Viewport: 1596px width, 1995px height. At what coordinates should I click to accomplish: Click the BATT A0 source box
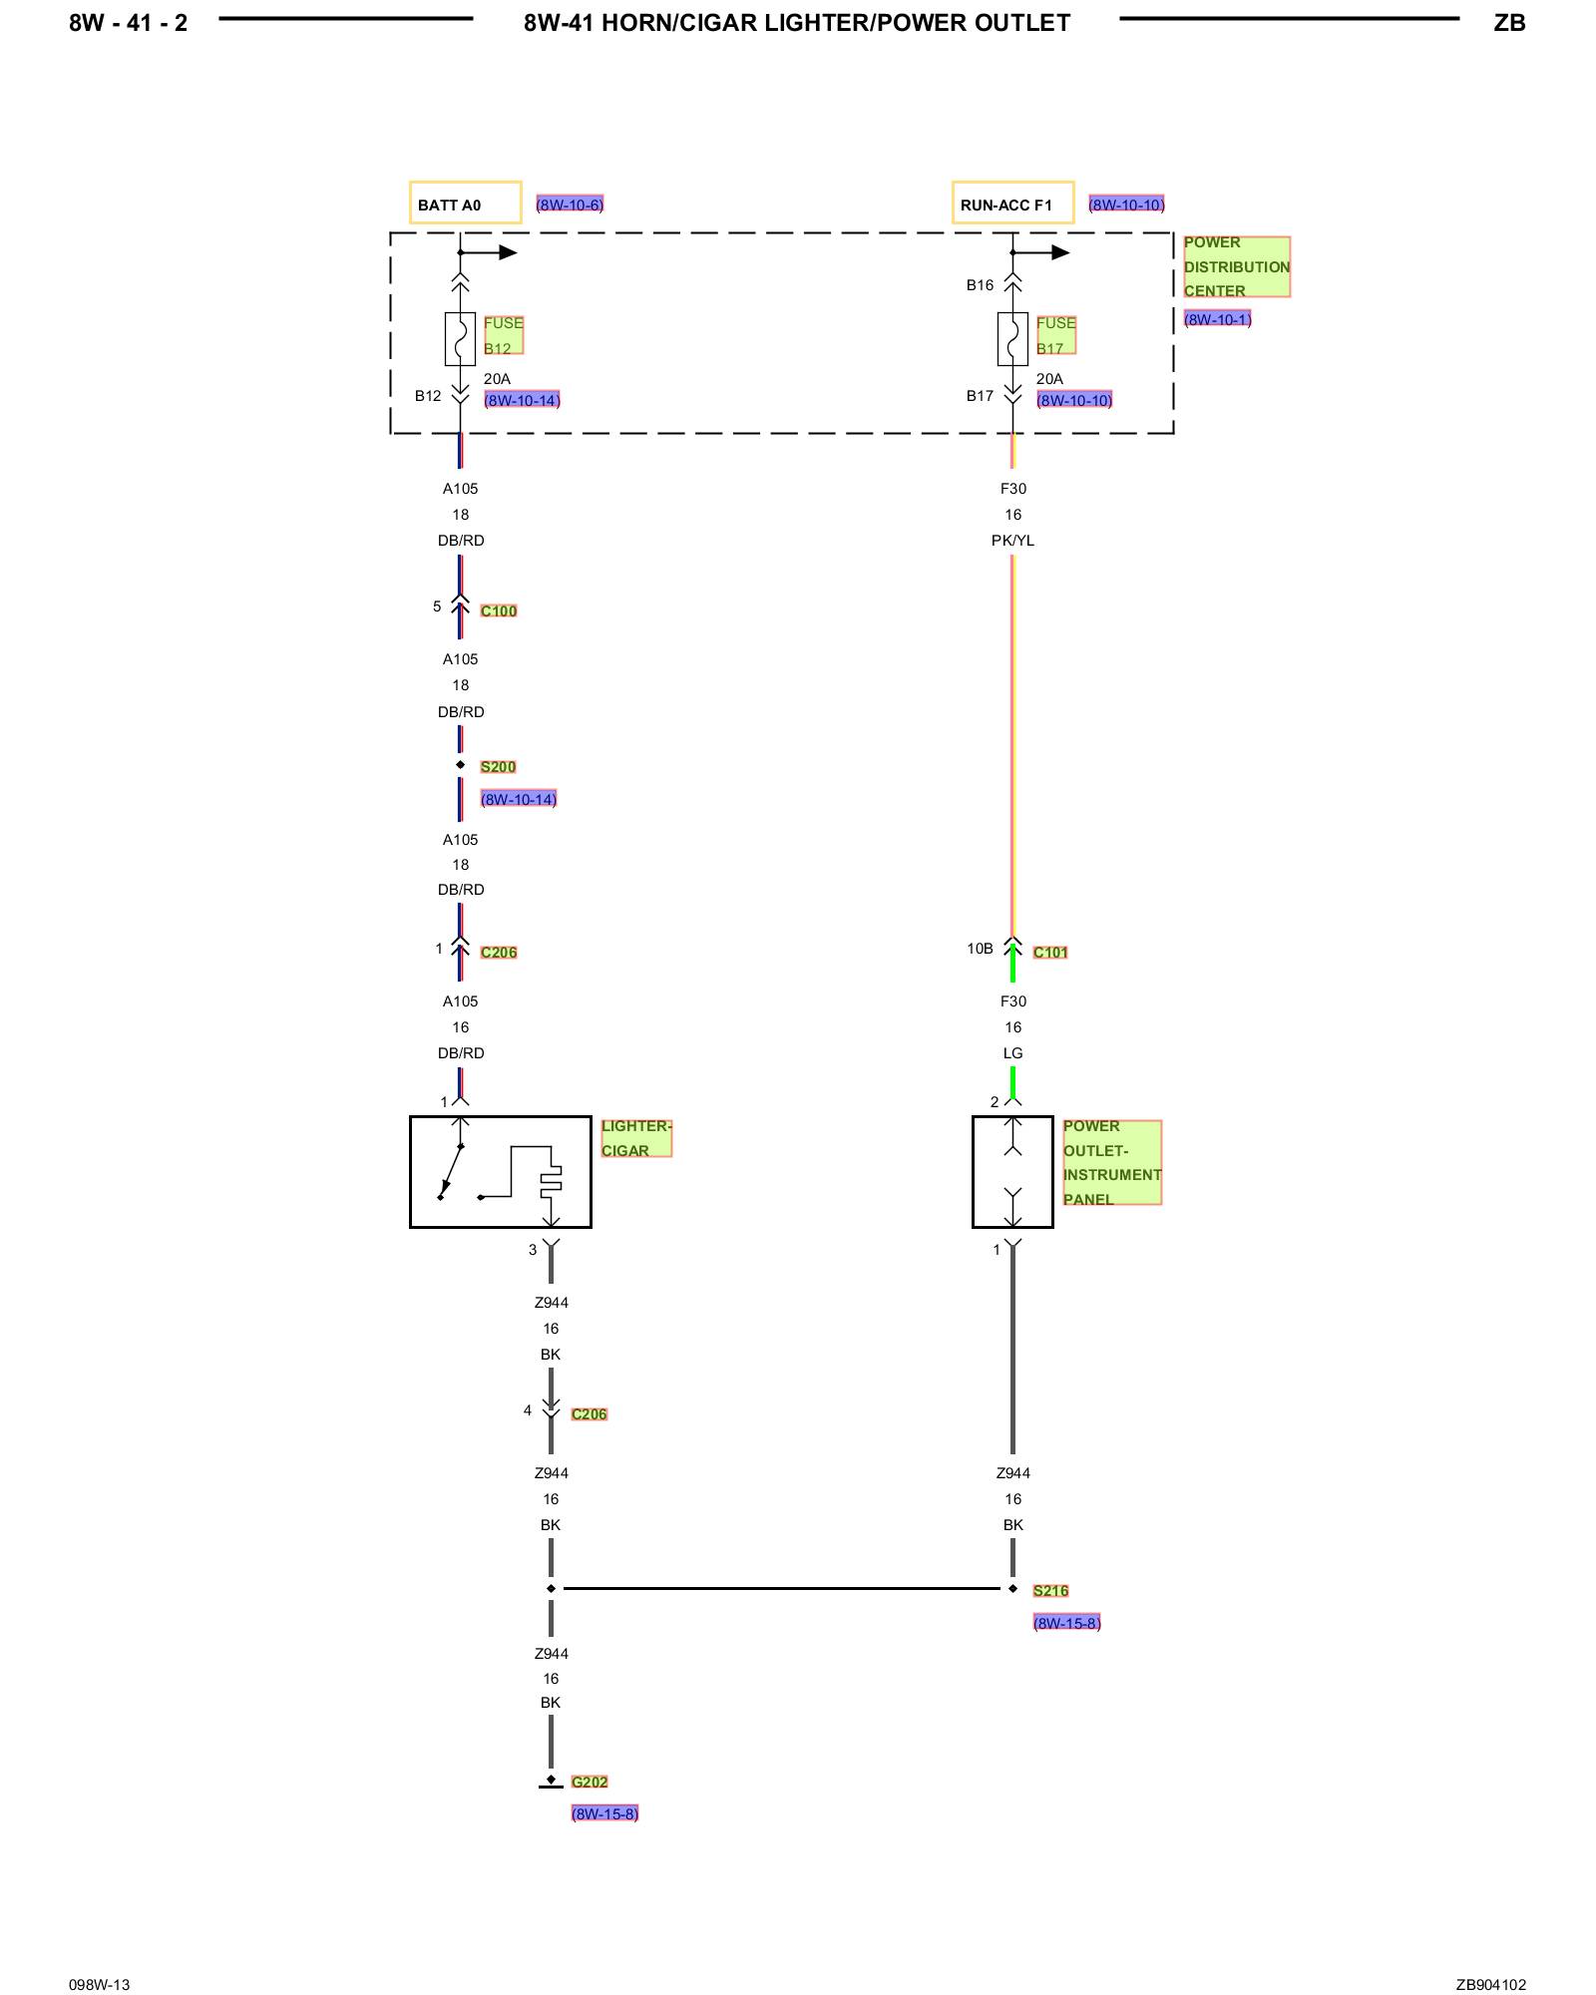465,203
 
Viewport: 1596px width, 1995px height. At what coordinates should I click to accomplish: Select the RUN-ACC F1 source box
1012,203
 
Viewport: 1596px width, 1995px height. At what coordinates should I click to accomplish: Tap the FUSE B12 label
503,335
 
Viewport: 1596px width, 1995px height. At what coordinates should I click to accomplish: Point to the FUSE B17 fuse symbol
1012,339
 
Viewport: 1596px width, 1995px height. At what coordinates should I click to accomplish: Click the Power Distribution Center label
1236,266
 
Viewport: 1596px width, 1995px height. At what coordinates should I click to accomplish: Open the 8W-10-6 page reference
570,204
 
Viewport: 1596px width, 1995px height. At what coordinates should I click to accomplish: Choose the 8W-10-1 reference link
1217,319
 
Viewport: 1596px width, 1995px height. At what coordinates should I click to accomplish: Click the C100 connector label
499,610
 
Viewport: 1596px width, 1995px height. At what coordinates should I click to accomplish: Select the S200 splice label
498,766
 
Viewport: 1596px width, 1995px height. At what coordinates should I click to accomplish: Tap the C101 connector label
1050,952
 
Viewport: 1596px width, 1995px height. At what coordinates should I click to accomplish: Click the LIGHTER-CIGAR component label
635,1138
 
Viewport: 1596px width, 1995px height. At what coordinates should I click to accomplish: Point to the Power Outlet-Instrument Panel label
1111,1162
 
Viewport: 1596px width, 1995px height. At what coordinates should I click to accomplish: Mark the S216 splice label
1050,1590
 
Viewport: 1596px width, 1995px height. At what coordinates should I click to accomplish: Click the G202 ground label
590,1782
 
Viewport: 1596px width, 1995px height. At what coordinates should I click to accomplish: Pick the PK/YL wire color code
1012,541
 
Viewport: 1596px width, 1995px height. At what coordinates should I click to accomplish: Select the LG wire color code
1012,1053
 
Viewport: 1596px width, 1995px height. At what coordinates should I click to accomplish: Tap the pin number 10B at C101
980,949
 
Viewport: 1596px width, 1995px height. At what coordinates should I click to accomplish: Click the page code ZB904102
1490,1984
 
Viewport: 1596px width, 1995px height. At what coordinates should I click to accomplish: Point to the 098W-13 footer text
100,1984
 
